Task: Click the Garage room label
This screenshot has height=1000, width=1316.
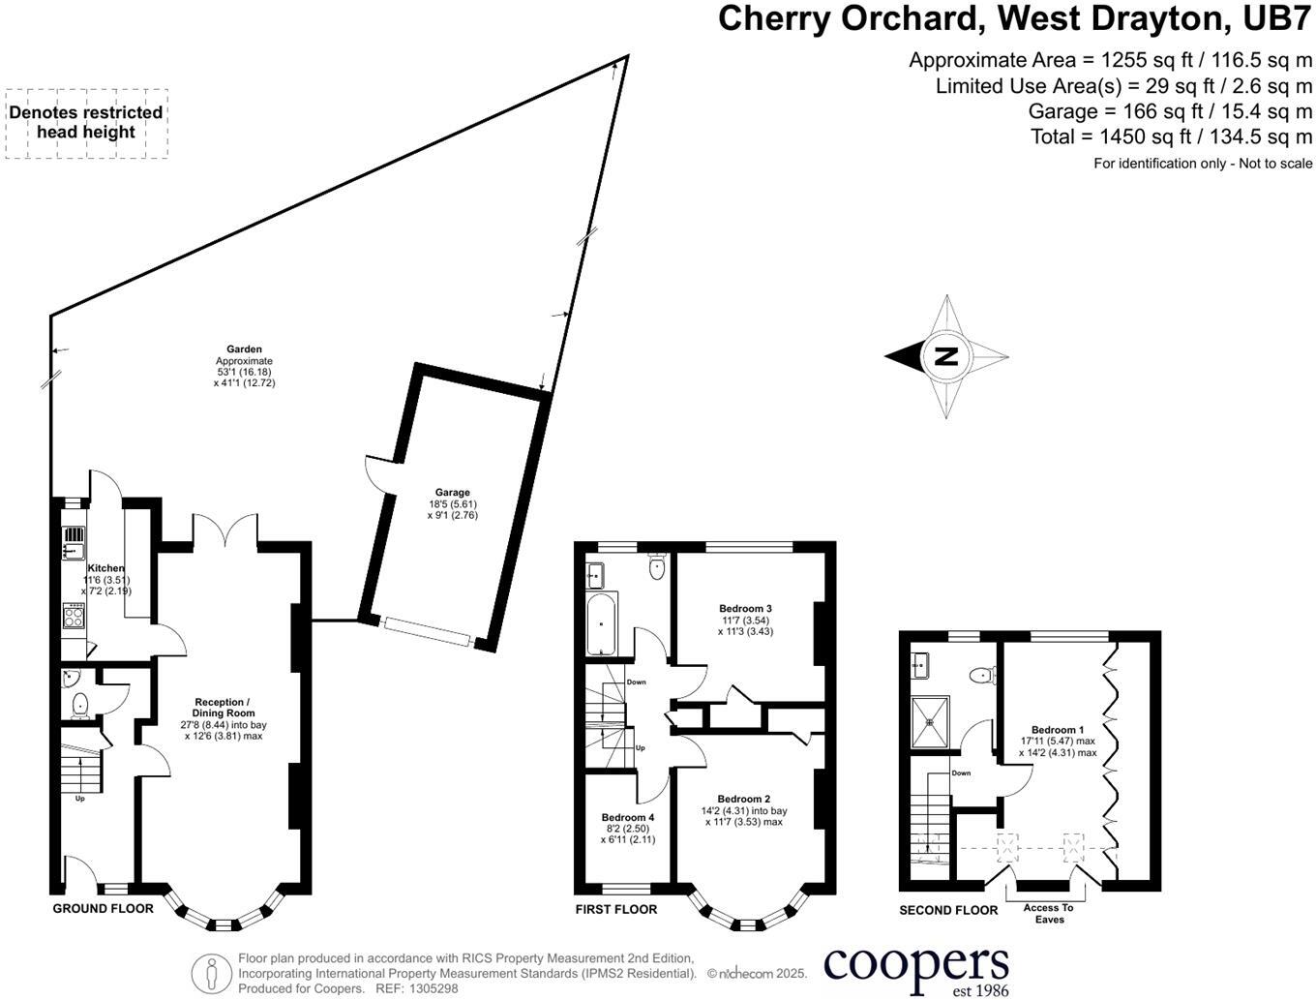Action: (452, 493)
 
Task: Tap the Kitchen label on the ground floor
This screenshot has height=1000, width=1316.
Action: (105, 568)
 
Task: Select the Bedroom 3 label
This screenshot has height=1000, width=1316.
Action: (745, 609)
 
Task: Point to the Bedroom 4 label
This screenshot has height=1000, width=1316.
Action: (627, 817)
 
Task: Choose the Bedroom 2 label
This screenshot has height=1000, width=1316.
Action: (744, 800)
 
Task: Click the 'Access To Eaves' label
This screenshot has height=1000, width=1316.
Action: (1049, 913)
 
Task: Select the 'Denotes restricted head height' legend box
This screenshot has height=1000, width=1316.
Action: (86, 123)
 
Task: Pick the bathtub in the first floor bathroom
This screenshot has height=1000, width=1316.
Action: (601, 624)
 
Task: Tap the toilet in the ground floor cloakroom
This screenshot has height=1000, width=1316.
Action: (79, 704)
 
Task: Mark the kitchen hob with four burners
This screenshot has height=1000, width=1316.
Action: (74, 616)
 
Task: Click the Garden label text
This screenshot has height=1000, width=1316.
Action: (244, 349)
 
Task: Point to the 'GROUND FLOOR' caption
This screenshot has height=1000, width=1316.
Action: (103, 908)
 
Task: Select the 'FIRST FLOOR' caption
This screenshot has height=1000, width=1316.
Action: (615, 909)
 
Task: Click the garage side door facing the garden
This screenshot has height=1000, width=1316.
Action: (376, 474)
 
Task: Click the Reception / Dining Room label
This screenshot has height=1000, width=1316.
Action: (224, 708)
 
